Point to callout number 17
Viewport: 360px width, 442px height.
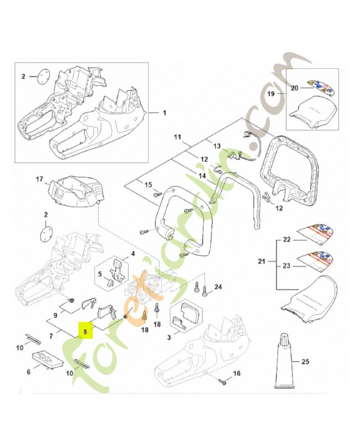pos(39,179)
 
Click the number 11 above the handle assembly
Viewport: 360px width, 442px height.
pos(177,136)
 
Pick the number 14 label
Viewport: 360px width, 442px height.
pos(202,176)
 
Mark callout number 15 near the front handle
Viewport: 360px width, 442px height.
pos(147,184)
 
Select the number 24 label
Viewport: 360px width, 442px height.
pos(219,286)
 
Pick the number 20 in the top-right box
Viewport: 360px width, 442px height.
pos(294,87)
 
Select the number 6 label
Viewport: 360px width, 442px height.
pos(29,372)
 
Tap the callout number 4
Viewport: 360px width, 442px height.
pos(133,254)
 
